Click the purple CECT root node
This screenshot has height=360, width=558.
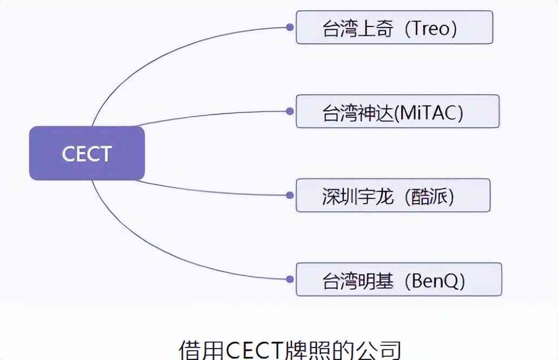click(x=87, y=153)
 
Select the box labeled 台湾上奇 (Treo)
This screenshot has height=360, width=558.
click(x=394, y=28)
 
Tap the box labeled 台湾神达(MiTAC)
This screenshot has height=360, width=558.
click(x=397, y=111)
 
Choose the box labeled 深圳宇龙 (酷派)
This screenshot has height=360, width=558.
click(x=393, y=195)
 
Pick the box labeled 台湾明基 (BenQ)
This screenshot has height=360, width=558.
click(x=398, y=279)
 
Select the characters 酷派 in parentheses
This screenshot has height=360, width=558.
click(x=430, y=196)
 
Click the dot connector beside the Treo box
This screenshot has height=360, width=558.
click(x=290, y=27)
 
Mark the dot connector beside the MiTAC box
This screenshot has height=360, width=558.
click(x=290, y=111)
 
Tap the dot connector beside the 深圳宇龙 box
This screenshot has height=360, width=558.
click(x=290, y=195)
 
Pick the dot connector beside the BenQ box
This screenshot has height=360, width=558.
click(x=290, y=279)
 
